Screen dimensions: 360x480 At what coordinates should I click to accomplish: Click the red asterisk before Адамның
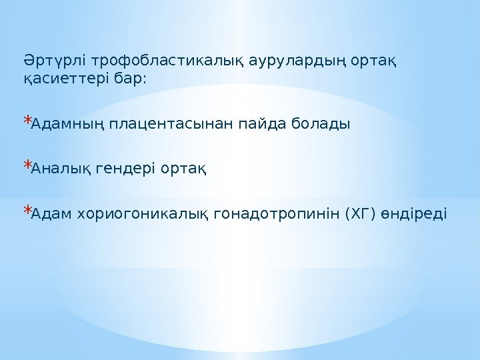pos(27,122)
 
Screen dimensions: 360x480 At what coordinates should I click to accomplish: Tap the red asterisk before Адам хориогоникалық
pos(27,211)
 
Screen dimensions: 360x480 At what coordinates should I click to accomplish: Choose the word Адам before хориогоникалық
pos(51,214)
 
